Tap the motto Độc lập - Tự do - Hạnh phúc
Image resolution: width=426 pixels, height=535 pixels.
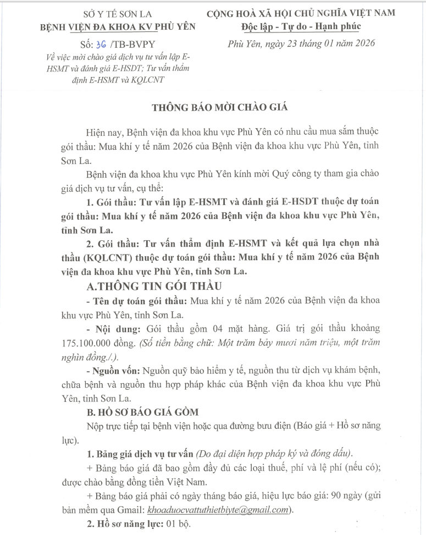tap(300, 26)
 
